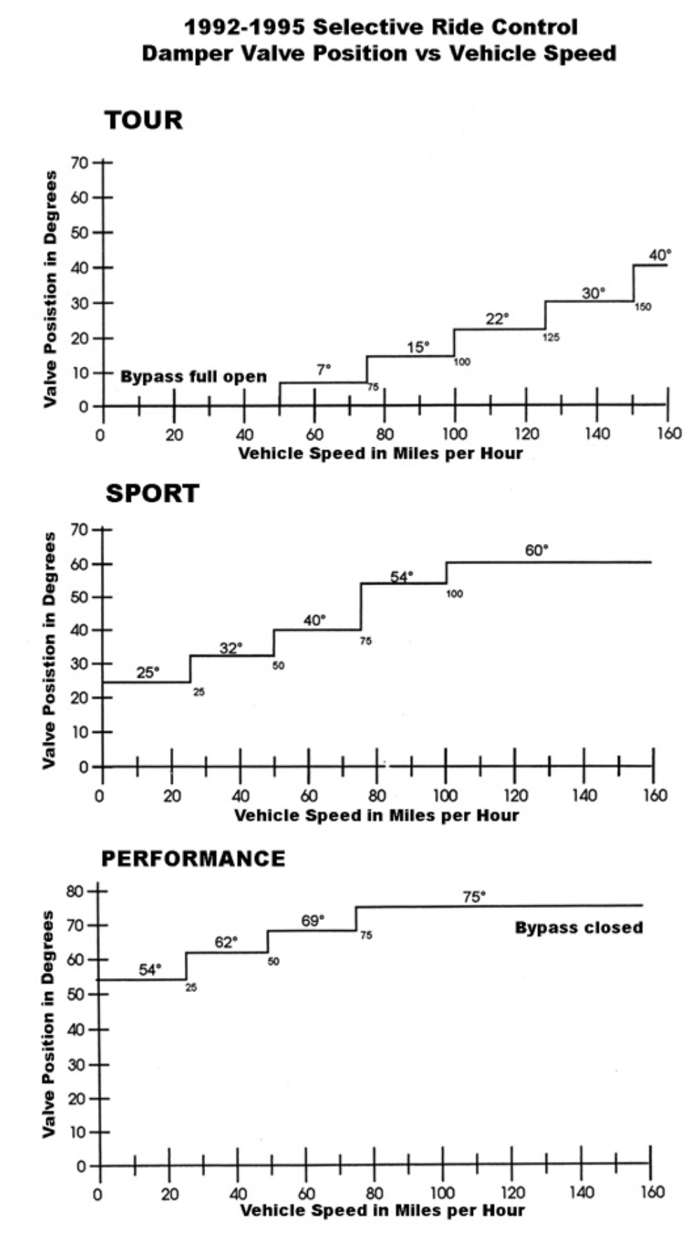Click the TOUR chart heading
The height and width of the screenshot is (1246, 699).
point(143,120)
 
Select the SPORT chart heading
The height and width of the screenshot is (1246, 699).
point(152,493)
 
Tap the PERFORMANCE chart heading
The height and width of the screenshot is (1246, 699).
point(193,859)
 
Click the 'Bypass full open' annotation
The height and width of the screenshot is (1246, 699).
point(193,377)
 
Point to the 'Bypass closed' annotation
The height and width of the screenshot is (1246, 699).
point(579,927)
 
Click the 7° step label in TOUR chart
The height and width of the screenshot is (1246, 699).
point(323,370)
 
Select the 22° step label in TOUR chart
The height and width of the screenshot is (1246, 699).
point(497,319)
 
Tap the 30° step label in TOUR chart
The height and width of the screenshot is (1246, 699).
point(593,293)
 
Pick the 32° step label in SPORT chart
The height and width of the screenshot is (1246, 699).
point(231,648)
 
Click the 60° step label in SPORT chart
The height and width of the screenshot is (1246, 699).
point(537,550)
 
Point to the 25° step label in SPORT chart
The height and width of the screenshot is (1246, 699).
point(148,673)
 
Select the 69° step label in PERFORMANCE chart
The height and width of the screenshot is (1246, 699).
point(313,920)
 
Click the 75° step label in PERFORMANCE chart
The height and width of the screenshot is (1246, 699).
point(474,897)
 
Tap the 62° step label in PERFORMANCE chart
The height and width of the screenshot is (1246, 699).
point(226,942)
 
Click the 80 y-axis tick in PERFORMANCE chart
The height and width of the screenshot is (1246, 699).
point(75,892)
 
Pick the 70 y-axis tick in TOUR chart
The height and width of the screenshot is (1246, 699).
point(79,163)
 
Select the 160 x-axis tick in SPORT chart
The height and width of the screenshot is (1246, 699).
point(655,795)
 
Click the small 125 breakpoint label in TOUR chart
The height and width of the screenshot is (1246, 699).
point(551,337)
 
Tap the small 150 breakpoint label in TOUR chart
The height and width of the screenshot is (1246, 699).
point(642,307)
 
